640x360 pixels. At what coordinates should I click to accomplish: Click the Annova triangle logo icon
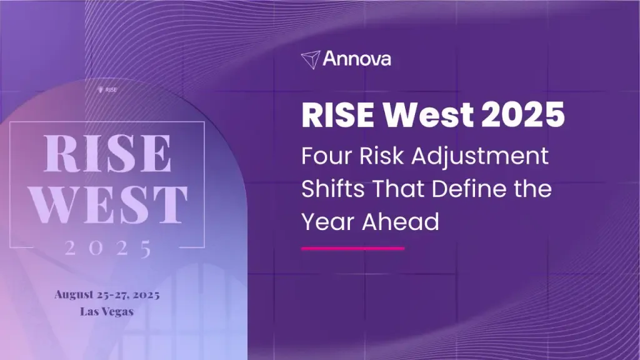tap(311, 59)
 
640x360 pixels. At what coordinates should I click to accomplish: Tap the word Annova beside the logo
tap(357, 59)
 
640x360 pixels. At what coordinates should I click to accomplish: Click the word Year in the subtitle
tap(329, 222)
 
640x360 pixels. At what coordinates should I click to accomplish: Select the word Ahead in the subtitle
tap(401, 222)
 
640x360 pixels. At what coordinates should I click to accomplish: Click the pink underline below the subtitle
tap(353, 248)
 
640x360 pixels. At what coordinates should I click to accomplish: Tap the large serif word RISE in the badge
tap(107, 153)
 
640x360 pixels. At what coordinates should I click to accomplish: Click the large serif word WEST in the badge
tap(109, 204)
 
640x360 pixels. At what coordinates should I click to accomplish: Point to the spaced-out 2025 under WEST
tap(107, 249)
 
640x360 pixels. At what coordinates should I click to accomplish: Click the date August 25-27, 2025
tap(107, 294)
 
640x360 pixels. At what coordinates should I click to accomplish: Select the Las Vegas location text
tap(107, 311)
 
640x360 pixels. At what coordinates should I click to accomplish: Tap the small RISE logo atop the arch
tap(107, 90)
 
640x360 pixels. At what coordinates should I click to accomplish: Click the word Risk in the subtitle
tap(381, 156)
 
